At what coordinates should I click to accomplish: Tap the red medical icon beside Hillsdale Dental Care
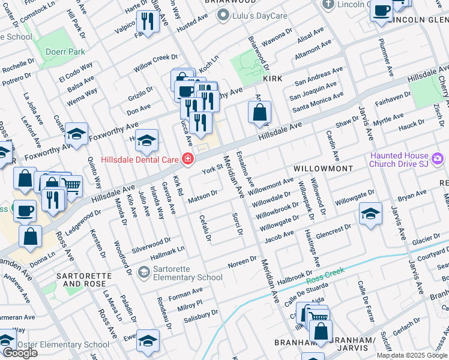click(x=188, y=160)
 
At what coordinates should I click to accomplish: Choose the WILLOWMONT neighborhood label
click(x=323, y=169)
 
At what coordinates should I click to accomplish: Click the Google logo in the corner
click(x=20, y=353)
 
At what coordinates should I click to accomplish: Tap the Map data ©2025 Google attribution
click(x=412, y=355)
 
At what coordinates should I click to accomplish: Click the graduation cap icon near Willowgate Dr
click(x=370, y=213)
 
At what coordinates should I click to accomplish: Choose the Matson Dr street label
click(x=202, y=196)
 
